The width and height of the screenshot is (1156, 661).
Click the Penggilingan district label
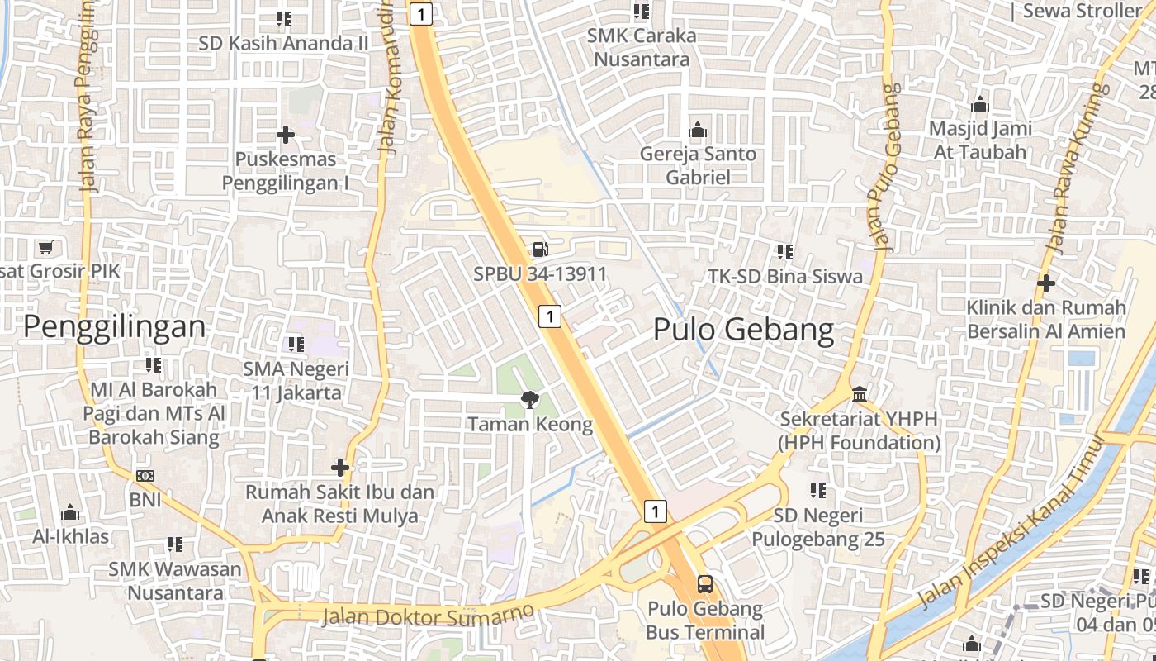tap(114, 327)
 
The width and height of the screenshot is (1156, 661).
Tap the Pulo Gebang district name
tap(743, 330)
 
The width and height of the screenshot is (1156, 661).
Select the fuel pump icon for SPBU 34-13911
tap(539, 248)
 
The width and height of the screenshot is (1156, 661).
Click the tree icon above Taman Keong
tap(529, 400)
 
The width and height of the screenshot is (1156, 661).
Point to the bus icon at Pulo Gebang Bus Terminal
tap(705, 584)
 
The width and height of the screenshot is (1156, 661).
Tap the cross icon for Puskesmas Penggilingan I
tap(286, 134)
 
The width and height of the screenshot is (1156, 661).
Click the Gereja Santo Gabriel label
tap(698, 165)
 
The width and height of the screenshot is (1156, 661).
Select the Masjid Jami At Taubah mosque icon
tap(980, 105)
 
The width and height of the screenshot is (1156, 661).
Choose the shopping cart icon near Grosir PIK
tap(46, 247)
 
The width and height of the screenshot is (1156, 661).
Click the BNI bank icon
tap(145, 476)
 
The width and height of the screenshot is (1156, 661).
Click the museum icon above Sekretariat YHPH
tap(860, 393)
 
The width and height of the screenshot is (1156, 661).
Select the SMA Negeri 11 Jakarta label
tap(296, 380)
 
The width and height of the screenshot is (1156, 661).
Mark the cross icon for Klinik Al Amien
tap(1046, 283)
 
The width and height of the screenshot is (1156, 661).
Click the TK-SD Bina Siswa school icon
tap(784, 251)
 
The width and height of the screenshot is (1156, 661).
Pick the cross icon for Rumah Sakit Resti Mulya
tap(340, 468)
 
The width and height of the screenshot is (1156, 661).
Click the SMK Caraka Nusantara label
tap(642, 47)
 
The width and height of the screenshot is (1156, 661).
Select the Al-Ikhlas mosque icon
tap(71, 513)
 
